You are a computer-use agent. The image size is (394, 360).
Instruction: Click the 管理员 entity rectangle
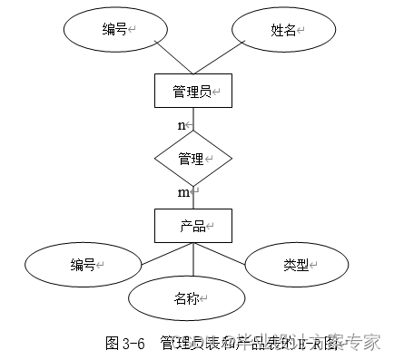click(192, 91)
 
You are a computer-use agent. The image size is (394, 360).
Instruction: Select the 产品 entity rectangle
click(192, 224)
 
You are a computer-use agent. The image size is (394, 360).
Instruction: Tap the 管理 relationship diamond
click(192, 158)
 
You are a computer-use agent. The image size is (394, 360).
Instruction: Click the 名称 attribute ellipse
click(188, 297)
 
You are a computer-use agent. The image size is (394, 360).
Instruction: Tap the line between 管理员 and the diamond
click(192, 119)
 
